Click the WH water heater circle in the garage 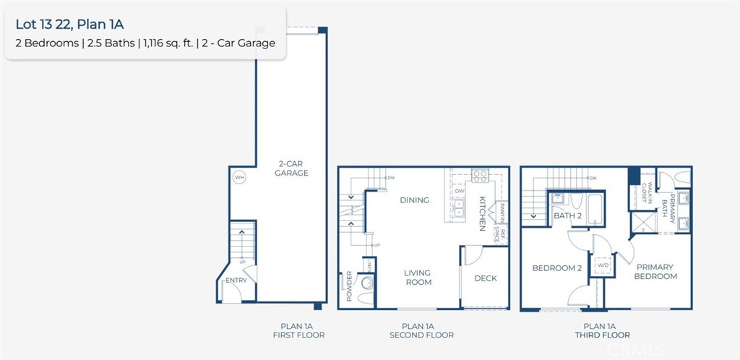click(x=238, y=177)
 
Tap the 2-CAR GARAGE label click(x=292, y=168)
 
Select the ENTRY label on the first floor click(x=236, y=280)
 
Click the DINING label click(x=414, y=200)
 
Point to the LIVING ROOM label click(x=417, y=278)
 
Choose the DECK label click(x=485, y=278)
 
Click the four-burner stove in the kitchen click(x=479, y=175)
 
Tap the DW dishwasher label click(x=459, y=192)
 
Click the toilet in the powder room click(x=366, y=296)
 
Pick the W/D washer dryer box click(x=602, y=265)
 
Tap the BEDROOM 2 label click(x=556, y=268)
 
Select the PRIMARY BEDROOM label click(x=655, y=272)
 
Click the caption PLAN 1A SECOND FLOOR click(x=421, y=330)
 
